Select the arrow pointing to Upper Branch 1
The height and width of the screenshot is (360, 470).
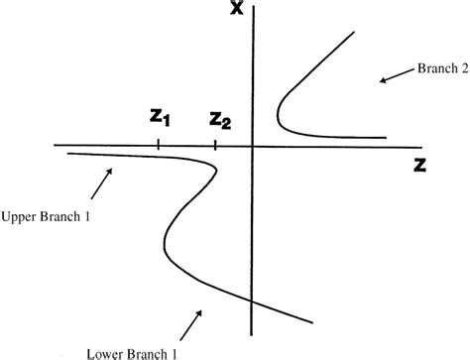100,180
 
